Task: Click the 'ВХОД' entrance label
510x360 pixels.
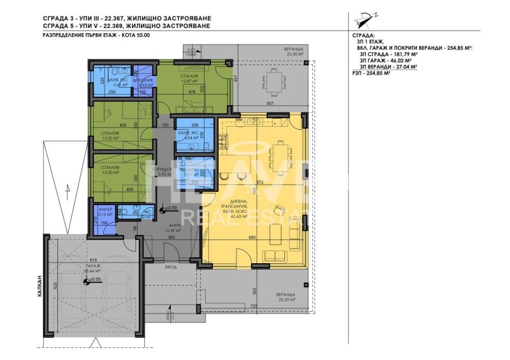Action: tap(170, 268)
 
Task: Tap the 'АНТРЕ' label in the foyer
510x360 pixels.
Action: tap(176, 226)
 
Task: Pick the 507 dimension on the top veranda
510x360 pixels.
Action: tap(270, 103)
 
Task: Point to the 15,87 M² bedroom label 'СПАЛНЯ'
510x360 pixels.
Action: tap(189, 75)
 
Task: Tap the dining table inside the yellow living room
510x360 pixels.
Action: tap(279, 154)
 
